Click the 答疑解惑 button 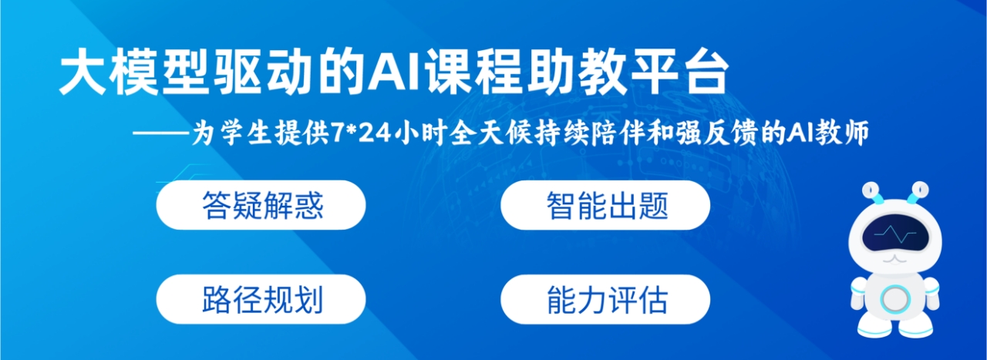[261, 205]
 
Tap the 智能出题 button [605, 205]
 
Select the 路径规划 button [261, 299]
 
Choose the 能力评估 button [605, 299]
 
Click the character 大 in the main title [83, 73]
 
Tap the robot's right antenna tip [921, 190]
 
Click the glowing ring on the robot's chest [894, 299]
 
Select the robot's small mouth [895, 260]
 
